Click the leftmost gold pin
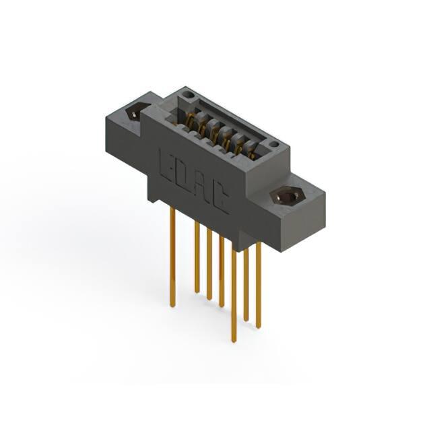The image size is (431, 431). coord(172,257)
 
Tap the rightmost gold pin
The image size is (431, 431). coord(258,285)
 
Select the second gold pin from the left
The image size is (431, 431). coord(197,257)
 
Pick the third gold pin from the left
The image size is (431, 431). coord(209,265)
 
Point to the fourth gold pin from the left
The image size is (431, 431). coord(222,271)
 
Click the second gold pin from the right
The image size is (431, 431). coord(246,284)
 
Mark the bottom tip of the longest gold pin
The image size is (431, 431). coord(234,341)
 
